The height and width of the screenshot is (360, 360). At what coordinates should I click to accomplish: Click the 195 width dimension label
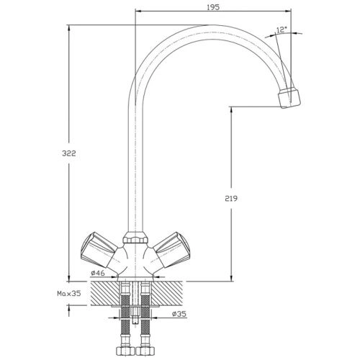point(213,7)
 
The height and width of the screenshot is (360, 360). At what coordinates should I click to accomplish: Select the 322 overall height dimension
point(69,153)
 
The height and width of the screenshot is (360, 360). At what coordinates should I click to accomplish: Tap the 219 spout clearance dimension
point(231,199)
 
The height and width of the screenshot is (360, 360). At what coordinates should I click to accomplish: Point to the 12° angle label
point(282,30)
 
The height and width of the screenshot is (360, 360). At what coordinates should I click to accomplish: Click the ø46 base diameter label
point(98,273)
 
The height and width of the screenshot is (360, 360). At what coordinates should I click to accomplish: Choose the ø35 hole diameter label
point(179,314)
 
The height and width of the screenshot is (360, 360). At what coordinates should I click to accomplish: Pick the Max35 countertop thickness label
point(69,293)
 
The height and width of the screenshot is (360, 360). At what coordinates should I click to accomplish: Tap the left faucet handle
point(99,250)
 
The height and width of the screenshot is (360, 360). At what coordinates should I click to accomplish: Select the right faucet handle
point(171,250)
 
